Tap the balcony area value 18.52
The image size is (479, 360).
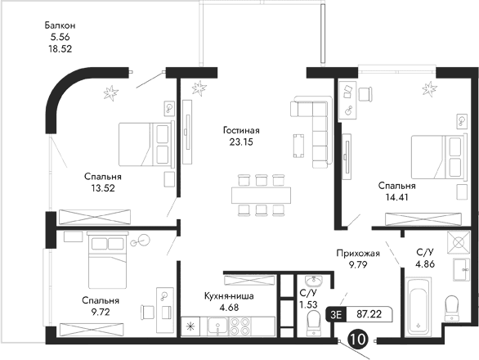tap(61, 48)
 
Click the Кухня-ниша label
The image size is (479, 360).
tap(232, 296)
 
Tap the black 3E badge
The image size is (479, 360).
tap(334, 313)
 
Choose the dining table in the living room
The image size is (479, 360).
tap(257, 195)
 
